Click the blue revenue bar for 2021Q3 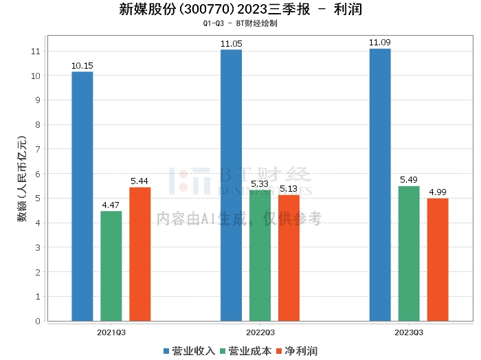[82, 196]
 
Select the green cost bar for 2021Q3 [111, 266]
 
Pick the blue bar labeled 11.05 [231, 185]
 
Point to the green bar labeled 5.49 [409, 254]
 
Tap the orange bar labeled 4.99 [438, 259]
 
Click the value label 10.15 [82, 66]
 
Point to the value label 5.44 [139, 181]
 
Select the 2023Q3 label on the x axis [409, 331]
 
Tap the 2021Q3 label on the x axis [111, 331]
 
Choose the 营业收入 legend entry [190, 351]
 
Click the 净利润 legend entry [296, 351]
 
